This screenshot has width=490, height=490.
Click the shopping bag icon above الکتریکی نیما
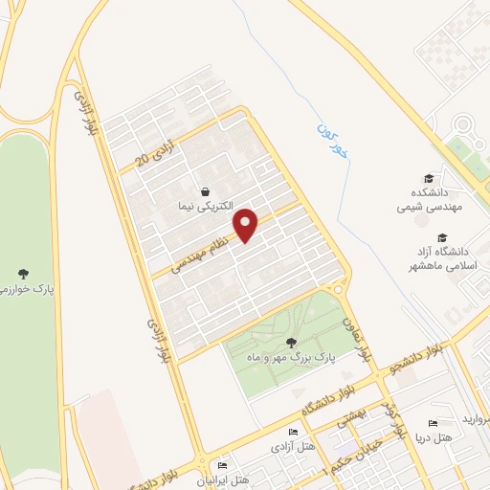point(205,190)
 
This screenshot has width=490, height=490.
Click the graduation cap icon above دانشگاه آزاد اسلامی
point(441,237)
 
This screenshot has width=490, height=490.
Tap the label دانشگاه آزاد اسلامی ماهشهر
point(441,256)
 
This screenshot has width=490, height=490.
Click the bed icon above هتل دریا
point(432,424)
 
